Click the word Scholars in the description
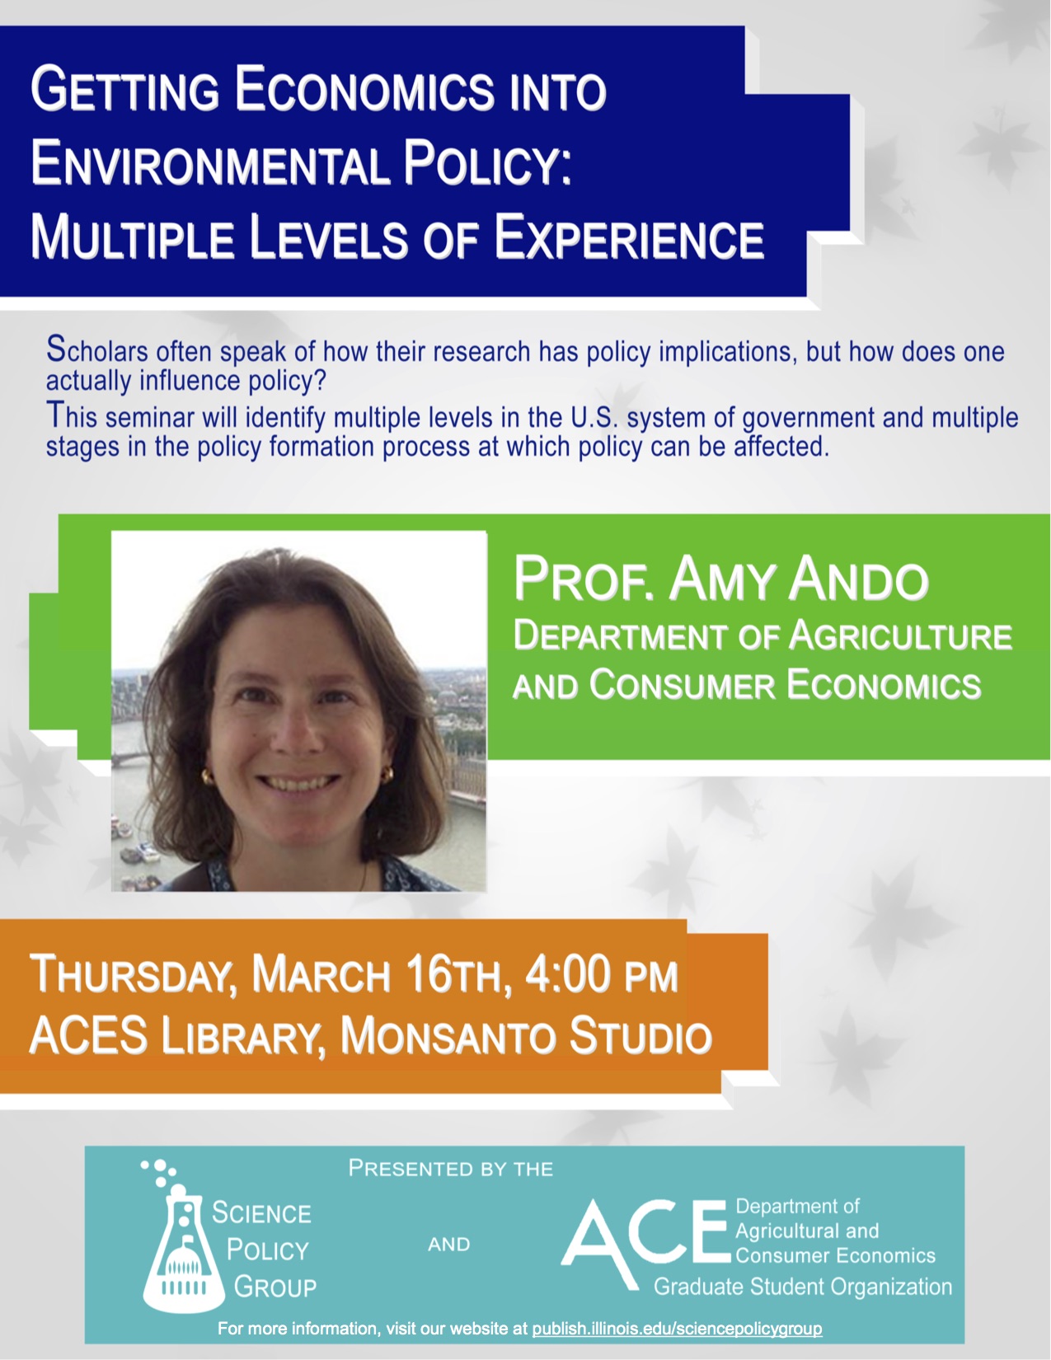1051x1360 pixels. [97, 349]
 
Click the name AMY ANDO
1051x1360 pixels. [799, 579]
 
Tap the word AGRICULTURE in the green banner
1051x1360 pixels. [900, 635]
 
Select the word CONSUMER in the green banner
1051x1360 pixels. [683, 684]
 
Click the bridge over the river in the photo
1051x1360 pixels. [134, 758]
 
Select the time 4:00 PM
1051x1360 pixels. [602, 974]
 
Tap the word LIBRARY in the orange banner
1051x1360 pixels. [240, 1036]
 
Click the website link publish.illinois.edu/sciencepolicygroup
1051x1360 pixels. [677, 1328]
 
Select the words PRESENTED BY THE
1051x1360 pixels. [451, 1168]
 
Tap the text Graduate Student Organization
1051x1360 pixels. [803, 1287]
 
